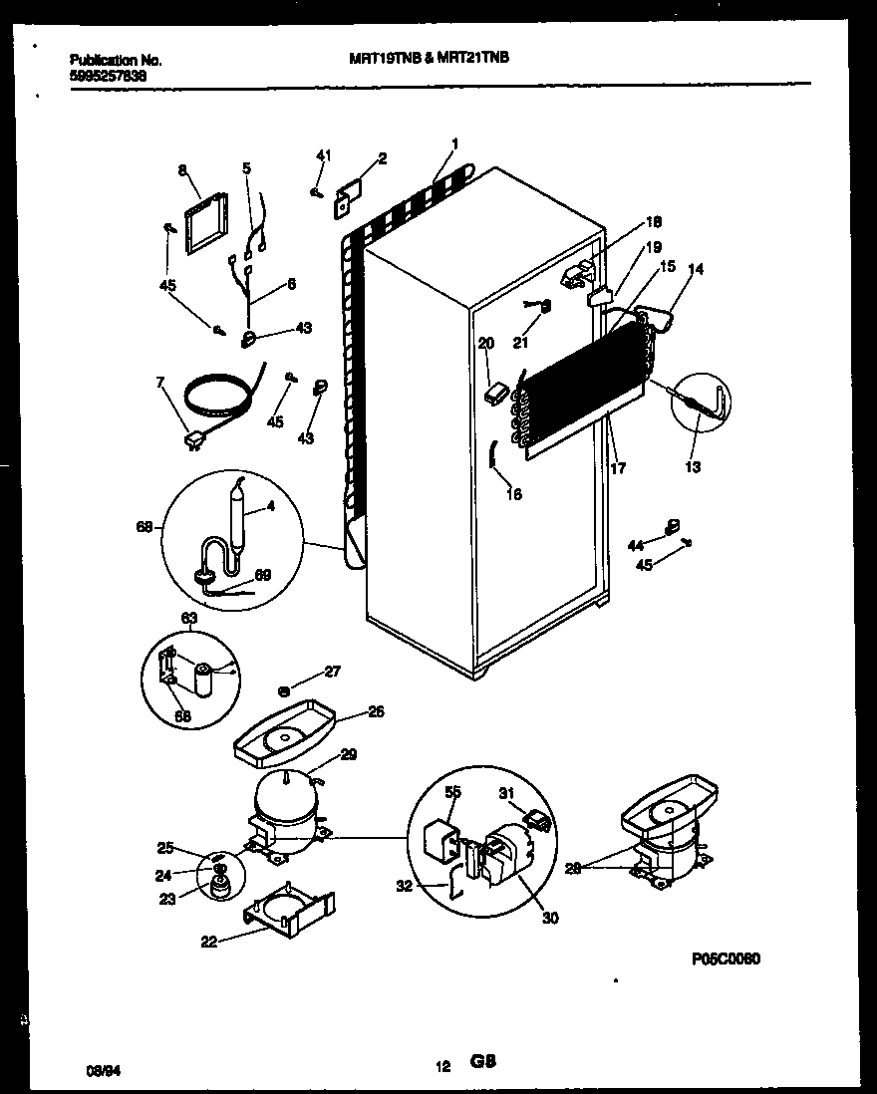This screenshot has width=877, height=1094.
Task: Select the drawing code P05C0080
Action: point(726,958)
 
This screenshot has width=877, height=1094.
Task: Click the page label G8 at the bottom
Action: point(483,1064)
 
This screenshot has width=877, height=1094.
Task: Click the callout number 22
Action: point(208,940)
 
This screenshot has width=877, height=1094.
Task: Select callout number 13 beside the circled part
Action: point(692,466)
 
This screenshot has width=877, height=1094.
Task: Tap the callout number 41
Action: point(322,155)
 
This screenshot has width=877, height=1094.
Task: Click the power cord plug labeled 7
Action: point(188,439)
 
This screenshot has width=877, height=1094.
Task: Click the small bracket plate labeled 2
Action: point(345,195)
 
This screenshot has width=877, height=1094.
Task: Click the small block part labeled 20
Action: point(492,393)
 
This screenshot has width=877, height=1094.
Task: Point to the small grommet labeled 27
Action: point(285,688)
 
